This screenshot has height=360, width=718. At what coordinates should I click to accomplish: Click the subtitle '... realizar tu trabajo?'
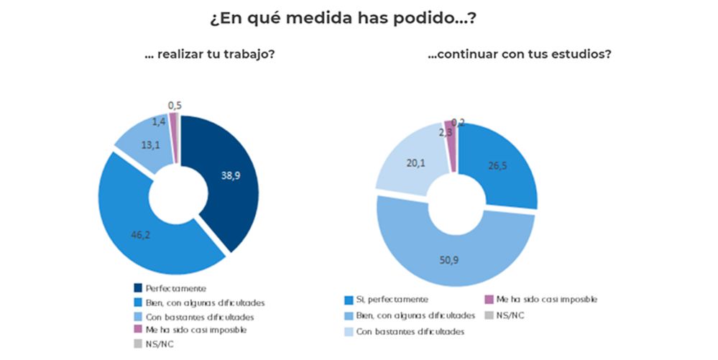pos(208,55)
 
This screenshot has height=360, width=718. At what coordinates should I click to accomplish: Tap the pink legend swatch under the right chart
pos(491,299)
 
